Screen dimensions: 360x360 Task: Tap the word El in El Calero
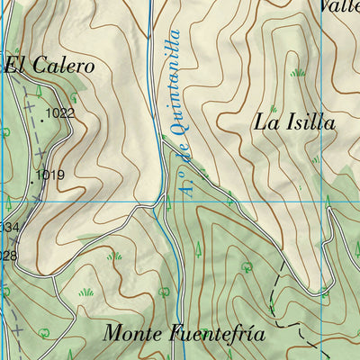[x=15, y=65]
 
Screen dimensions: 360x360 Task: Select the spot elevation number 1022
[x=60, y=113]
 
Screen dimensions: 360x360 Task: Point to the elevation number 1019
[x=50, y=175]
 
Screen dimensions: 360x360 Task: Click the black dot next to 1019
[x=32, y=178]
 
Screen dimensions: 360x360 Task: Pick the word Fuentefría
[x=215, y=333]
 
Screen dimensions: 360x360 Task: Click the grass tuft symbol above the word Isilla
[x=297, y=71]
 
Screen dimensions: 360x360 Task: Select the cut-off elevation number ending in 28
[x=8, y=256]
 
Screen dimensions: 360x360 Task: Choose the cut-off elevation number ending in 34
[x=8, y=227]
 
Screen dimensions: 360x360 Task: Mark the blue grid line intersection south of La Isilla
[x=320, y=202]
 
